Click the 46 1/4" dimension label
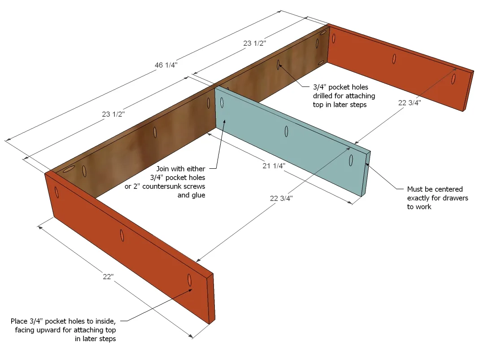click(166, 65)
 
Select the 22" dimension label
click(108, 277)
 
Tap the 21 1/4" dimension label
click(274, 166)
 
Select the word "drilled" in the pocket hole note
click(323, 96)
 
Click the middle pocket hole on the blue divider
click(286, 132)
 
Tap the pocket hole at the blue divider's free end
click(351, 160)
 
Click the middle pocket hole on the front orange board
click(122, 235)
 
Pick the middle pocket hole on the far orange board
click(394, 59)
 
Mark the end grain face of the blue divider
click(366, 174)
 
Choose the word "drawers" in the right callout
click(456, 198)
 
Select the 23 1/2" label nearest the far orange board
click(254, 43)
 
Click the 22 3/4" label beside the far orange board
click(410, 102)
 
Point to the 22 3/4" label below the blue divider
click(281, 198)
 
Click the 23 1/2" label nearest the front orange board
click(113, 114)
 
